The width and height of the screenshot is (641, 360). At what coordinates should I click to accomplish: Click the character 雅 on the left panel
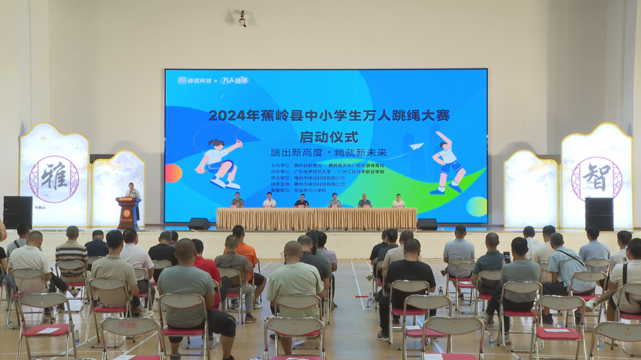click(x=54, y=179)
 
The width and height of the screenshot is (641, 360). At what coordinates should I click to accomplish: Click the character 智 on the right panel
click(x=596, y=177)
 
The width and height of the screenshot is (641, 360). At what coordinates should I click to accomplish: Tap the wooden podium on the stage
click(x=126, y=212)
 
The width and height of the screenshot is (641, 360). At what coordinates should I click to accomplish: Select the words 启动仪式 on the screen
click(x=328, y=137)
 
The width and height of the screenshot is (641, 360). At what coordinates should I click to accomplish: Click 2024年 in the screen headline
click(x=229, y=115)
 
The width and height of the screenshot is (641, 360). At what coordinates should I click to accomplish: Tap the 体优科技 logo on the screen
click(x=195, y=80)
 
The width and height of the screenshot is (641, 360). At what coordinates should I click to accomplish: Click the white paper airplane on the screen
click(x=417, y=146)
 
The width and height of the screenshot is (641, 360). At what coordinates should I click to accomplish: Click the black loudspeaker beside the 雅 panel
click(x=18, y=212)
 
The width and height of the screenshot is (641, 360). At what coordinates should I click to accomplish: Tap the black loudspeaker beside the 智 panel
click(x=599, y=214)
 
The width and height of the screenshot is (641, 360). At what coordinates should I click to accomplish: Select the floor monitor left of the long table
click(x=199, y=224)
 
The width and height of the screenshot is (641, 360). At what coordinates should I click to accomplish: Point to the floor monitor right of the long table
click(x=427, y=224)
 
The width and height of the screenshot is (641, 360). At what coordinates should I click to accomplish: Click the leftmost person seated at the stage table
click(x=237, y=200)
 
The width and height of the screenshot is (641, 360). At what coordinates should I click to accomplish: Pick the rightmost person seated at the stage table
click(x=398, y=202)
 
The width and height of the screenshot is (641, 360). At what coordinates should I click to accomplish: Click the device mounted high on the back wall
click(x=242, y=18)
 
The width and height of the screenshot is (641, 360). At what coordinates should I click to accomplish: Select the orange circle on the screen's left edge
click(x=173, y=173)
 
